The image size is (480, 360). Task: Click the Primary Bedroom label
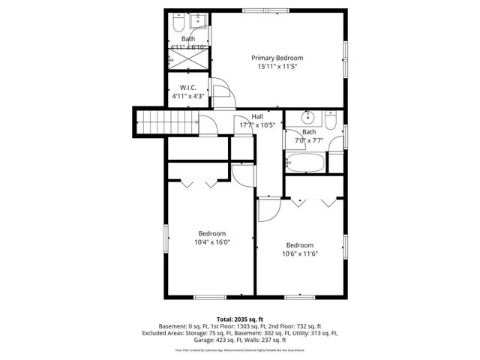coord(277,58)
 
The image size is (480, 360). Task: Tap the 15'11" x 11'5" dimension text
coord(277,66)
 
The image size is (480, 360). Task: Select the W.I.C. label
coord(187,88)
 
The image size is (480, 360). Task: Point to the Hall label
coord(257,116)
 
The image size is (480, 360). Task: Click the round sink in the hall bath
coord(307,117)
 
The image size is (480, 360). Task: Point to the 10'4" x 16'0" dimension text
coord(212,242)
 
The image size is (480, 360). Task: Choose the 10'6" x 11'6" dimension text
coord(300,253)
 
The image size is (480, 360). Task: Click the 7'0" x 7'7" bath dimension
coord(308,140)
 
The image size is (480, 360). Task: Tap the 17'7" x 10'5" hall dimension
coord(257,125)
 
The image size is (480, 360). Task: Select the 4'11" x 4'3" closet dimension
coord(187,96)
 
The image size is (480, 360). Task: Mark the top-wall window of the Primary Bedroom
coord(264,10)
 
